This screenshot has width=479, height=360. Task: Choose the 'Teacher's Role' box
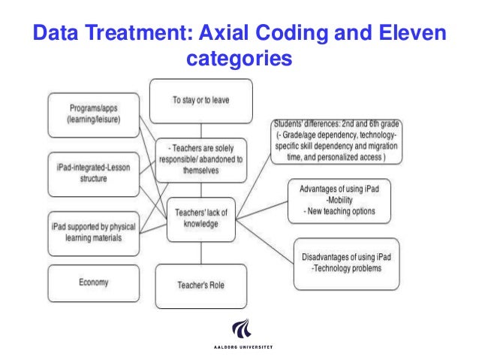pyautogui.click(x=200, y=286)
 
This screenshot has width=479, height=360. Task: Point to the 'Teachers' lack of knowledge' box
pyautogui.click(x=200, y=219)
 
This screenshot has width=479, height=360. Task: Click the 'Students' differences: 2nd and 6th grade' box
pyautogui.click(x=336, y=141)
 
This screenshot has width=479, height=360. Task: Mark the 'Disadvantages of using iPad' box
pyautogui.click(x=346, y=262)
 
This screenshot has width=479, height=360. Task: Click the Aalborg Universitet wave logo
pyautogui.click(x=240, y=329)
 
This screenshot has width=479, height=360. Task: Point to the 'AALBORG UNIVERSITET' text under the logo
pyautogui.click(x=240, y=348)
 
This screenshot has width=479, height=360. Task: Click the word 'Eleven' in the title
pyautogui.click(x=410, y=34)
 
